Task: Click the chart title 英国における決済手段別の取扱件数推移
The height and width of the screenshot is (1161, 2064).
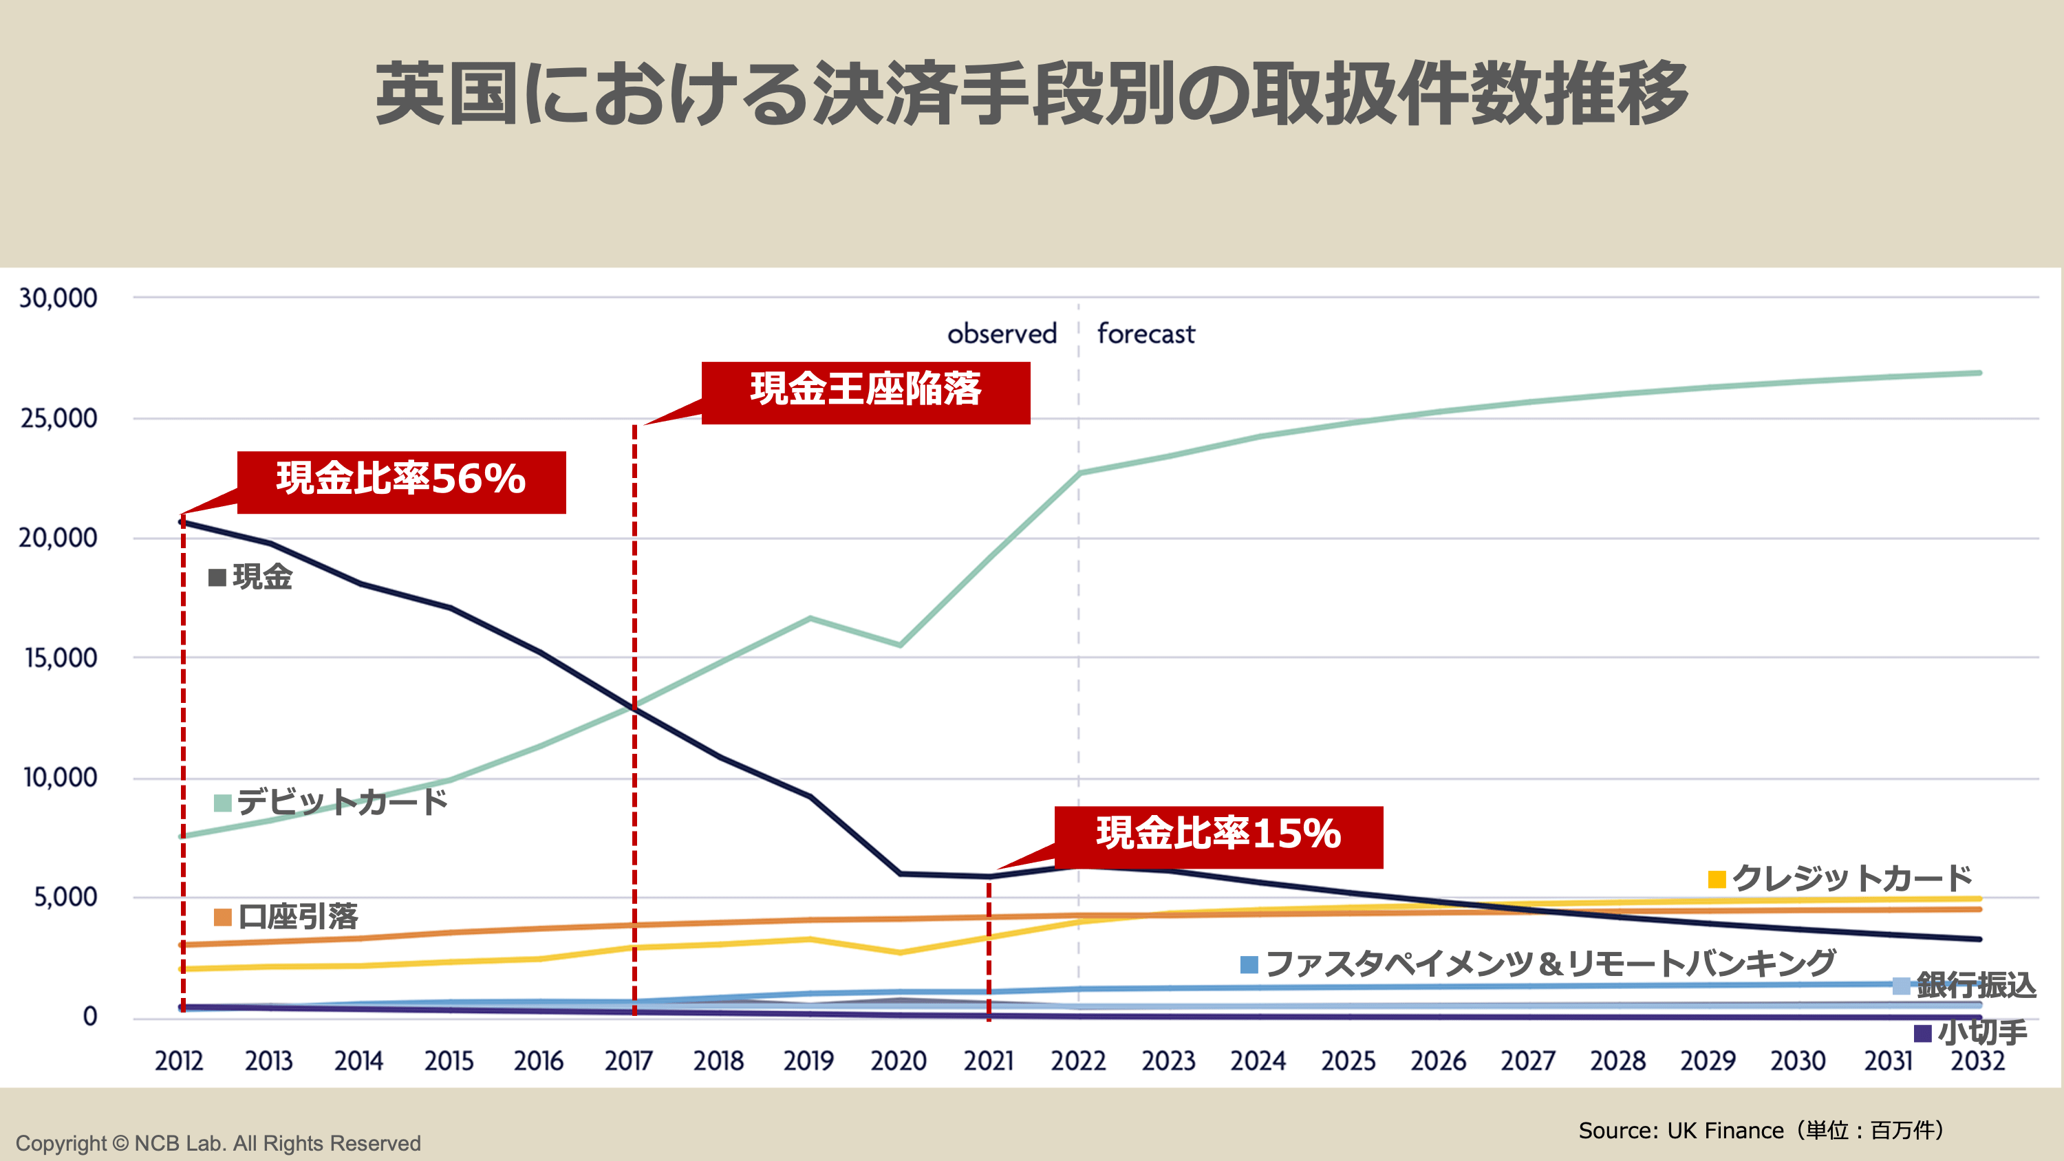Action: [1031, 94]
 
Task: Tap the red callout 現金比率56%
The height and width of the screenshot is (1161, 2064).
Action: [401, 481]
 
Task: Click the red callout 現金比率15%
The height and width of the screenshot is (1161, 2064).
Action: [1218, 836]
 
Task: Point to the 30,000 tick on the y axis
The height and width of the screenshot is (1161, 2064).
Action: [58, 298]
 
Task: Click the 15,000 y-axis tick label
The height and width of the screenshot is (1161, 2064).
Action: [60, 658]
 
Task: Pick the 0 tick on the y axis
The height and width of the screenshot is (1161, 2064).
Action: [89, 1017]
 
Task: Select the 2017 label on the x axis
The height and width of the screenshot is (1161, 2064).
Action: [629, 1061]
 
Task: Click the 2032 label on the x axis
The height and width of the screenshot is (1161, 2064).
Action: [1977, 1061]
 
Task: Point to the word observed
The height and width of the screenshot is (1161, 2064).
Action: [1002, 334]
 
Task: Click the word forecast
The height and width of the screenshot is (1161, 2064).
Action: [1146, 334]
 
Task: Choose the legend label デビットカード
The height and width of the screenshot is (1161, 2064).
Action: [342, 801]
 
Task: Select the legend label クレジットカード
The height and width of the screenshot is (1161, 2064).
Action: [1851, 878]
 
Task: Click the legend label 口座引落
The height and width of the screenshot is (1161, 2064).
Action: [298, 916]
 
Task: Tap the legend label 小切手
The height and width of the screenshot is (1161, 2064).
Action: [1981, 1032]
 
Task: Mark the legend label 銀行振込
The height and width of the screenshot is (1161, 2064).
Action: [1975, 985]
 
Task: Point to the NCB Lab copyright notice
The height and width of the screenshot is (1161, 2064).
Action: [218, 1143]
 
